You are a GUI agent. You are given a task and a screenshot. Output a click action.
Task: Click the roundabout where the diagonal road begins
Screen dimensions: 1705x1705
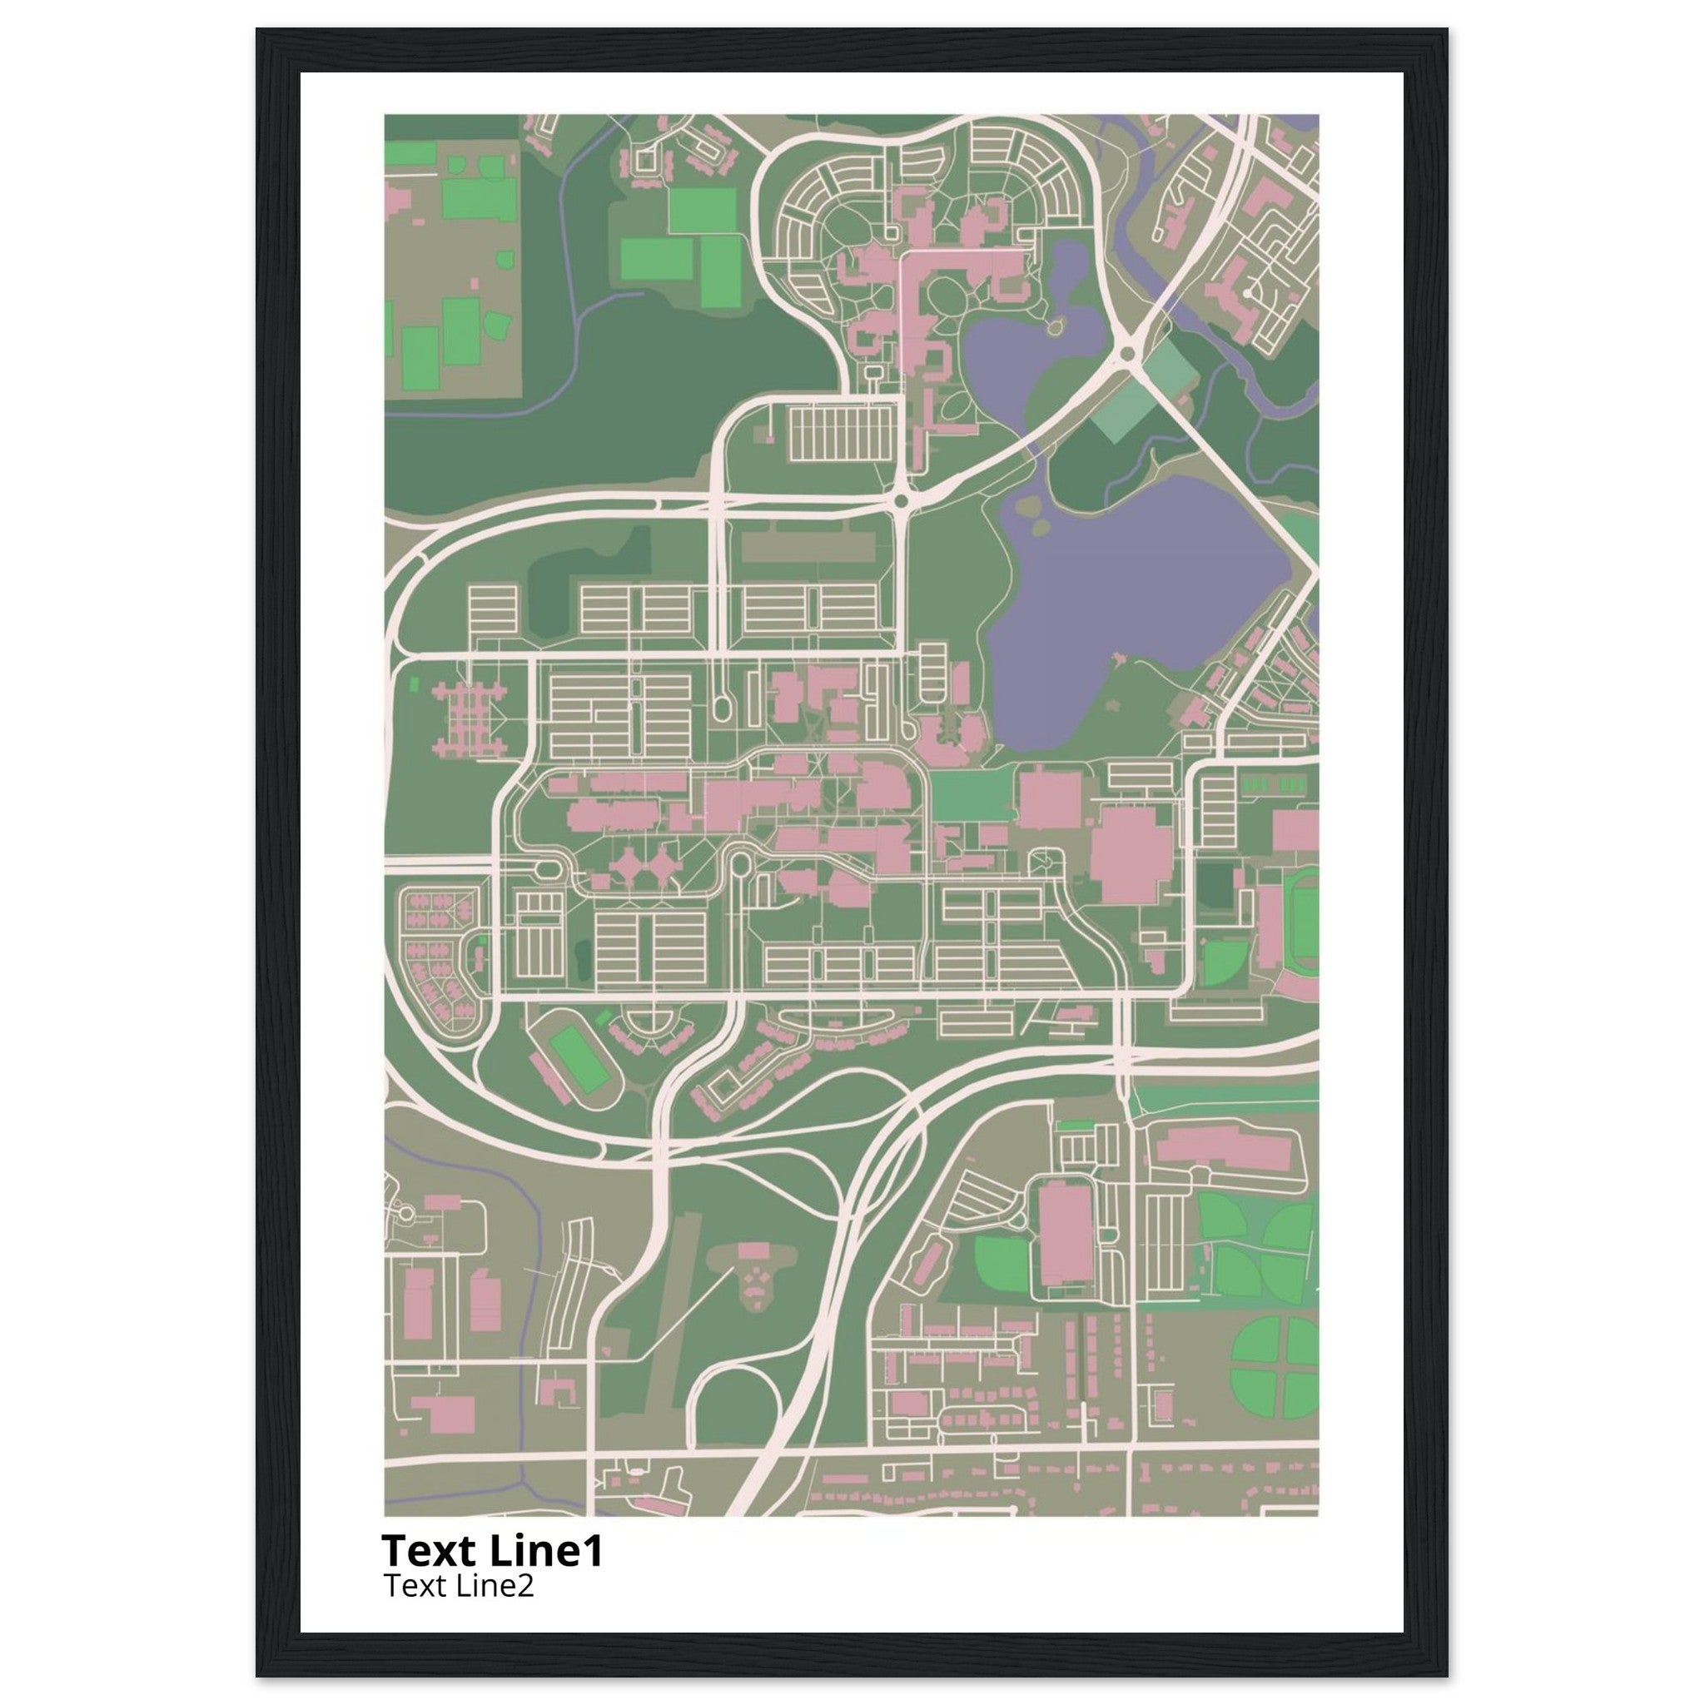click(1126, 355)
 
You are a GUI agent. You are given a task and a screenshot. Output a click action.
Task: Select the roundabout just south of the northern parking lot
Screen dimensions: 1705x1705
click(901, 501)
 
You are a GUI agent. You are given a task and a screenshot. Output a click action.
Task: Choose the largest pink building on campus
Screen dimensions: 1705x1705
click(1131, 853)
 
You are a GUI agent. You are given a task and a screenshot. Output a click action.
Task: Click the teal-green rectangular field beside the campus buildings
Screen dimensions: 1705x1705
click(968, 794)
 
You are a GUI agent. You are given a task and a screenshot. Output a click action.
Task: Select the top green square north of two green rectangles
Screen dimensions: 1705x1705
click(702, 210)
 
